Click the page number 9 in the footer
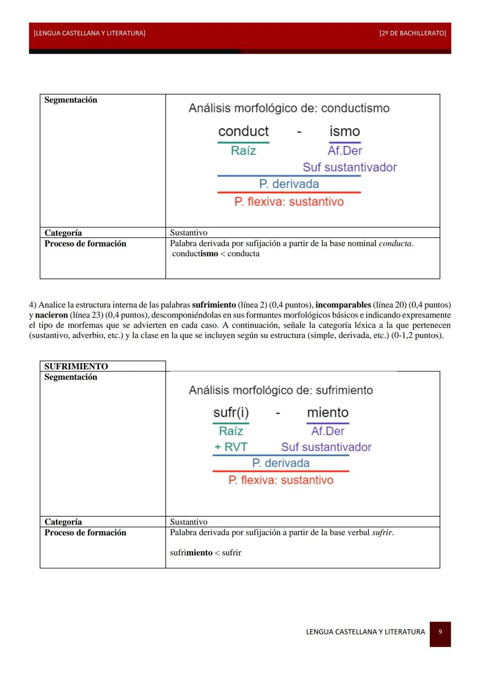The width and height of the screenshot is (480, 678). (440, 631)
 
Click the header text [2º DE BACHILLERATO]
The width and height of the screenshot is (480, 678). (412, 33)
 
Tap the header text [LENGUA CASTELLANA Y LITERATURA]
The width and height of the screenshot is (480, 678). (89, 33)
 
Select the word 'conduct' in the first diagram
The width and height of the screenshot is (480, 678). (243, 131)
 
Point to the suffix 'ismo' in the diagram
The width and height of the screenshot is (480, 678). (344, 131)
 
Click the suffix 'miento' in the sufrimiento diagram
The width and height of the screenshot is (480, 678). (328, 412)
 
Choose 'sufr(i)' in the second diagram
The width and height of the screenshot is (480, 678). (231, 412)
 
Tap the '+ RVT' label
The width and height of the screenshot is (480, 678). (231, 447)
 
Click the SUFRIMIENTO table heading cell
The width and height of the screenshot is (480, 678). (76, 366)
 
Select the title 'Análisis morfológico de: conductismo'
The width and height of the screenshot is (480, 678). (289, 108)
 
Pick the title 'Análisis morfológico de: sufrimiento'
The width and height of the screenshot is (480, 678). (280, 390)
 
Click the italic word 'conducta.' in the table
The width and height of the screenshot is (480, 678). (396, 243)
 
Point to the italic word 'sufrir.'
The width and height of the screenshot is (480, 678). (383, 532)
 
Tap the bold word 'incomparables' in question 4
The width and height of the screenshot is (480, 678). (343, 305)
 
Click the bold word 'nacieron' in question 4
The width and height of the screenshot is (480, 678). (52, 315)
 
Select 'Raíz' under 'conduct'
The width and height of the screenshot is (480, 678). (243, 151)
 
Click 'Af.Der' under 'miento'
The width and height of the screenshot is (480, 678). (328, 431)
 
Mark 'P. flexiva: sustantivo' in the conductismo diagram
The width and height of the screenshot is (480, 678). (289, 202)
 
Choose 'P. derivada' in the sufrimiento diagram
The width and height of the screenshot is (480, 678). (280, 463)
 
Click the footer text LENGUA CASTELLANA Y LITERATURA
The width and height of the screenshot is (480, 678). (365, 632)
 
